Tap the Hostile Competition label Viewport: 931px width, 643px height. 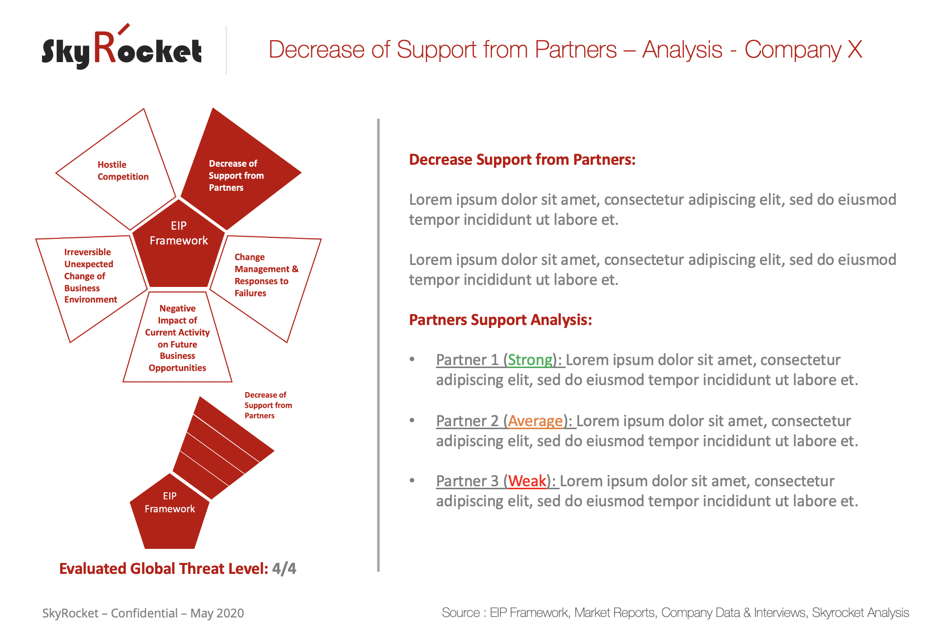[123, 171]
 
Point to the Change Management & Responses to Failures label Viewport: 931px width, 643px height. [266, 275]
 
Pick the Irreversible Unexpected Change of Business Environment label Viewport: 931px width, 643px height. [91, 276]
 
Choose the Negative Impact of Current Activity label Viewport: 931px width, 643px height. [178, 338]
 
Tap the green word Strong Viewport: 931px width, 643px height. [530, 360]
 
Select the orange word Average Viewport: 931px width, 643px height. [536, 421]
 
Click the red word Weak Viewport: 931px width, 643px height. [527, 481]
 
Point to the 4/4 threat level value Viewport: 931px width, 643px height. [284, 569]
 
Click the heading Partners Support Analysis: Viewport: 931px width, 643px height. [501, 319]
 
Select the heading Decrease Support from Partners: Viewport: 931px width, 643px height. [522, 160]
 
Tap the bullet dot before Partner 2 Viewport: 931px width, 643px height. [412, 420]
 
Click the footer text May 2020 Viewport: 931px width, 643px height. [217, 613]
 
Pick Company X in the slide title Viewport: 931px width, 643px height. [803, 50]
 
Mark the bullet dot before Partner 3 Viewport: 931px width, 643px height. [412, 480]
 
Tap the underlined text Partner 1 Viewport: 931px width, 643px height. [467, 360]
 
